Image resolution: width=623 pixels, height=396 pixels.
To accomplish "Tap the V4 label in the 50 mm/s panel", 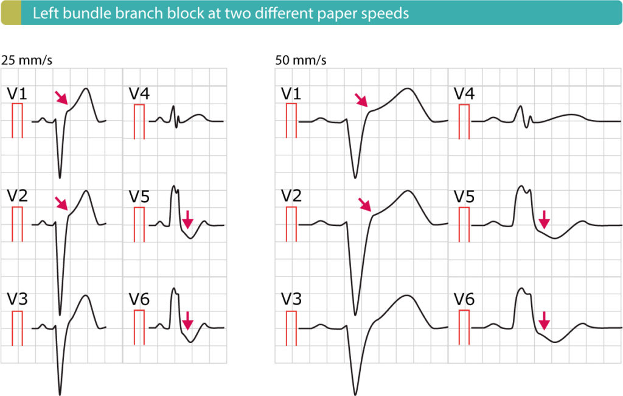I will click(x=465, y=94).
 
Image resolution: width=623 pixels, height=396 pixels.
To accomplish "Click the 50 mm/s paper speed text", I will click(x=301, y=60).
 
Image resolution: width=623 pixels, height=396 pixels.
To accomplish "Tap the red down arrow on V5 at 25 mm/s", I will click(x=188, y=219).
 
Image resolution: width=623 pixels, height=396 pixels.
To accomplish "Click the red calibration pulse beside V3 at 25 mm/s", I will click(x=18, y=327).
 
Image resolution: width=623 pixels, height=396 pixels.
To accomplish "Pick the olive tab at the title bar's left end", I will click(x=10, y=13).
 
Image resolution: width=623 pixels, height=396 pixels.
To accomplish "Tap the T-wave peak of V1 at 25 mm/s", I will click(x=86, y=89).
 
